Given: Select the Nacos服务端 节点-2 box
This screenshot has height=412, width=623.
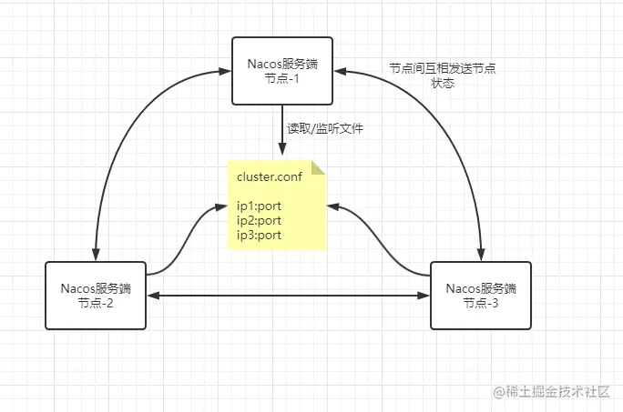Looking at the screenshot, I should (x=95, y=296).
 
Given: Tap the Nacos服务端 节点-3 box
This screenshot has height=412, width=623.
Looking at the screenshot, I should (x=479, y=296).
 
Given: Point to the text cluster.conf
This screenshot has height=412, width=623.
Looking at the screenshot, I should (x=269, y=176).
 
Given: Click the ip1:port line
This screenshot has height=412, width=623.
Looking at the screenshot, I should (x=259, y=206).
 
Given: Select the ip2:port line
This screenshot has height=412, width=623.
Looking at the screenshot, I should (x=259, y=220).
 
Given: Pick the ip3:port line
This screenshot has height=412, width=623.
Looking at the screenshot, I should (x=259, y=235).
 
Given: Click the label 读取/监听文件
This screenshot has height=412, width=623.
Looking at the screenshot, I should (x=325, y=129).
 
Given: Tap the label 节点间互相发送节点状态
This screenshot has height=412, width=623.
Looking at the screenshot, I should (x=442, y=75).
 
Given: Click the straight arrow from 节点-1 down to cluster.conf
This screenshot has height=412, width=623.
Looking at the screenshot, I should (x=281, y=132).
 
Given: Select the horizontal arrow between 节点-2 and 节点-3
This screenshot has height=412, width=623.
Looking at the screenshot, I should (x=287, y=295).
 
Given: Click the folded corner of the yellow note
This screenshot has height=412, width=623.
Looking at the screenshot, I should (x=319, y=167).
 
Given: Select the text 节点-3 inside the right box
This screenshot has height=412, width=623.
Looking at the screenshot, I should (x=479, y=303).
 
